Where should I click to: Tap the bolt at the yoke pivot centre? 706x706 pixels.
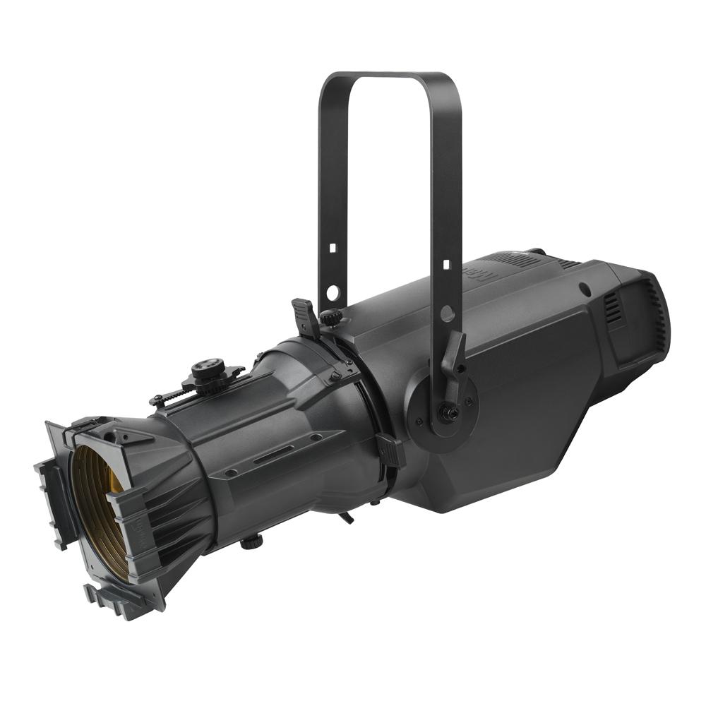point(446,412)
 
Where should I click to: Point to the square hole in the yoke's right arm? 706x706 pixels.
point(445,264)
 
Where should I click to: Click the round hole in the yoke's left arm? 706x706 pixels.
point(332,291)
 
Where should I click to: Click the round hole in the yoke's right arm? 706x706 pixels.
point(446,311)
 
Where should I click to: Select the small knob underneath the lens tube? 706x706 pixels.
point(250,543)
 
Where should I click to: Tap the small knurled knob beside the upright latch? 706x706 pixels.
point(328,318)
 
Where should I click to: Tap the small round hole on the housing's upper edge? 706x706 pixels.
point(585,288)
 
